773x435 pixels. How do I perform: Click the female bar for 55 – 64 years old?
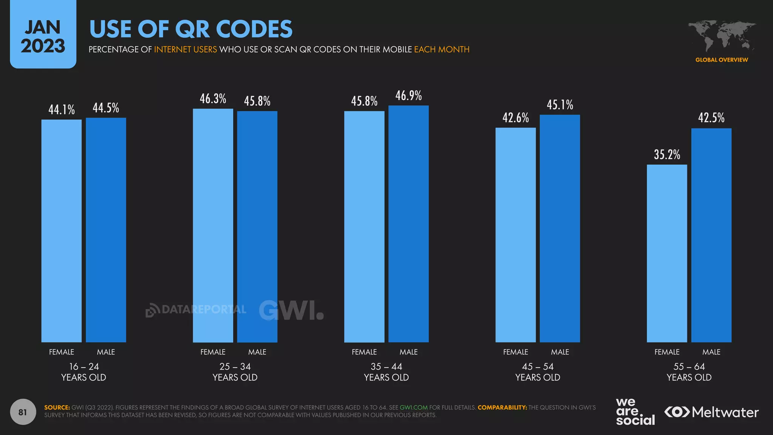[667, 253]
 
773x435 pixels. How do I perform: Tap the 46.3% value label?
[213, 99]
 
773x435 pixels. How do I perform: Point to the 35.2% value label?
[667, 155]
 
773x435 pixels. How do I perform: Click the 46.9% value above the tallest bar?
[408, 96]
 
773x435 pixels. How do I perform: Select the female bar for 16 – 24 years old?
[61, 230]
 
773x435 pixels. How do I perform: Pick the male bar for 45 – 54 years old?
[560, 228]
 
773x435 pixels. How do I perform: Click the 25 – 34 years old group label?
[235, 372]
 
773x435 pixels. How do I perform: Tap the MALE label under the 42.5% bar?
[711, 352]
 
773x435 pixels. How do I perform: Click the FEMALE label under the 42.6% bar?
[515, 352]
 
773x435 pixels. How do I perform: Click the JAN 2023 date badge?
[43, 36]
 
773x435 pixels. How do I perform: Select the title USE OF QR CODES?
[191, 29]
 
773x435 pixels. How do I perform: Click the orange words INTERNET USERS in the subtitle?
[185, 49]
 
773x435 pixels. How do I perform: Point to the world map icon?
[721, 36]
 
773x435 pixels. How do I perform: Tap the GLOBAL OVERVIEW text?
[721, 60]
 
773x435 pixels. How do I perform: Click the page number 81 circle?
[23, 412]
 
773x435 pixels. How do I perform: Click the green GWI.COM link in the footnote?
[413, 407]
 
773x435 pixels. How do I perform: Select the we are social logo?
[635, 412]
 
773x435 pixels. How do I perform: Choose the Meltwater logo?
[711, 412]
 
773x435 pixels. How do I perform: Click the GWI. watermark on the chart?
[291, 310]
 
